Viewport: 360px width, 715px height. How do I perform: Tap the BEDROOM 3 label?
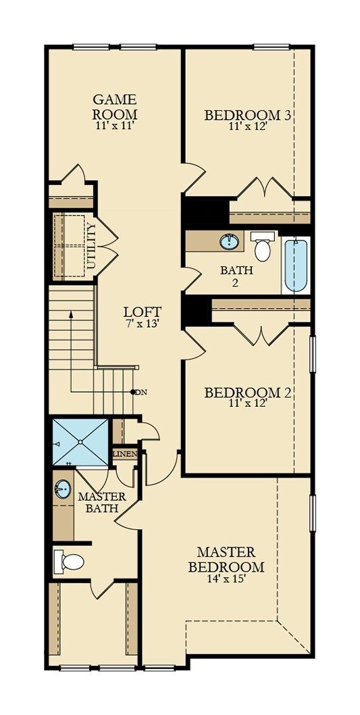(248, 115)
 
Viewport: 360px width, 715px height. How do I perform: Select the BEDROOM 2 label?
(248, 393)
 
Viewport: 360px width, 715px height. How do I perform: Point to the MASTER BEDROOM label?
(226, 559)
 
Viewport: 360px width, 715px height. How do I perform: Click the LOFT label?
(143, 312)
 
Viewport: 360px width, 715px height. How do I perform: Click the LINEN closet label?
(125, 453)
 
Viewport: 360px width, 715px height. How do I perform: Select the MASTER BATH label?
(99, 502)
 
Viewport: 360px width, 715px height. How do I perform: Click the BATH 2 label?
(236, 276)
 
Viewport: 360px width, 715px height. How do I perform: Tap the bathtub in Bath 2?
(296, 266)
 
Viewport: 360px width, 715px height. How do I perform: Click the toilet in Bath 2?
(262, 248)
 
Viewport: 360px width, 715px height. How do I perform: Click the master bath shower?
(80, 442)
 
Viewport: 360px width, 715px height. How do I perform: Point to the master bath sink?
(63, 489)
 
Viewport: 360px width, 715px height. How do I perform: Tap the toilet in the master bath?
(70, 561)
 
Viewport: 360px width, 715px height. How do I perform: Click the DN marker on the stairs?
(140, 392)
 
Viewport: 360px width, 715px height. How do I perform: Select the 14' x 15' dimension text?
(226, 578)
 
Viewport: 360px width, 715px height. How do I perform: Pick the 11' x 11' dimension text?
(115, 126)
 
